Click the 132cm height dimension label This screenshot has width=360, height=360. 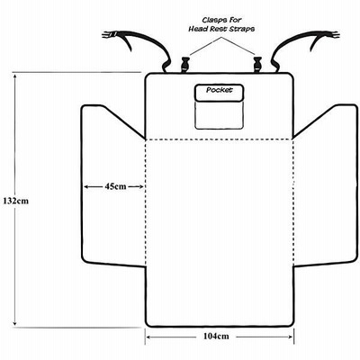(x=16, y=201)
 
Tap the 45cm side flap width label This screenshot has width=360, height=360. (x=115, y=186)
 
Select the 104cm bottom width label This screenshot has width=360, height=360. (x=216, y=337)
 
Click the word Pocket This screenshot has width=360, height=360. (x=220, y=90)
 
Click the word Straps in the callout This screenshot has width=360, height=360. (x=242, y=30)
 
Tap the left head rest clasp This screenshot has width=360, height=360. (x=184, y=64)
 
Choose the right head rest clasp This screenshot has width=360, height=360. (x=256, y=64)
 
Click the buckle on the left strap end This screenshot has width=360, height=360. (x=109, y=34)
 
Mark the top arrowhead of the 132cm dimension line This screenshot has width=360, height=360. (x=14, y=76)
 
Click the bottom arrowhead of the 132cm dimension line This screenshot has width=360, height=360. (x=14, y=323)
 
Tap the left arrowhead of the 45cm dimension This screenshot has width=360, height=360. (x=86, y=186)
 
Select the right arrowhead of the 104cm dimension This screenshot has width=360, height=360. (x=291, y=337)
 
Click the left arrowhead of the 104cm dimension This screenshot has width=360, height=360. (x=148, y=337)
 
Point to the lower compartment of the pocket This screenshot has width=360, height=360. (x=219, y=115)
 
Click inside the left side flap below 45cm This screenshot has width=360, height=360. (x=114, y=228)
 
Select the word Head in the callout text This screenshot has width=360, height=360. (x=196, y=30)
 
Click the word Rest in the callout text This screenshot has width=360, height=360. (x=217, y=30)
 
